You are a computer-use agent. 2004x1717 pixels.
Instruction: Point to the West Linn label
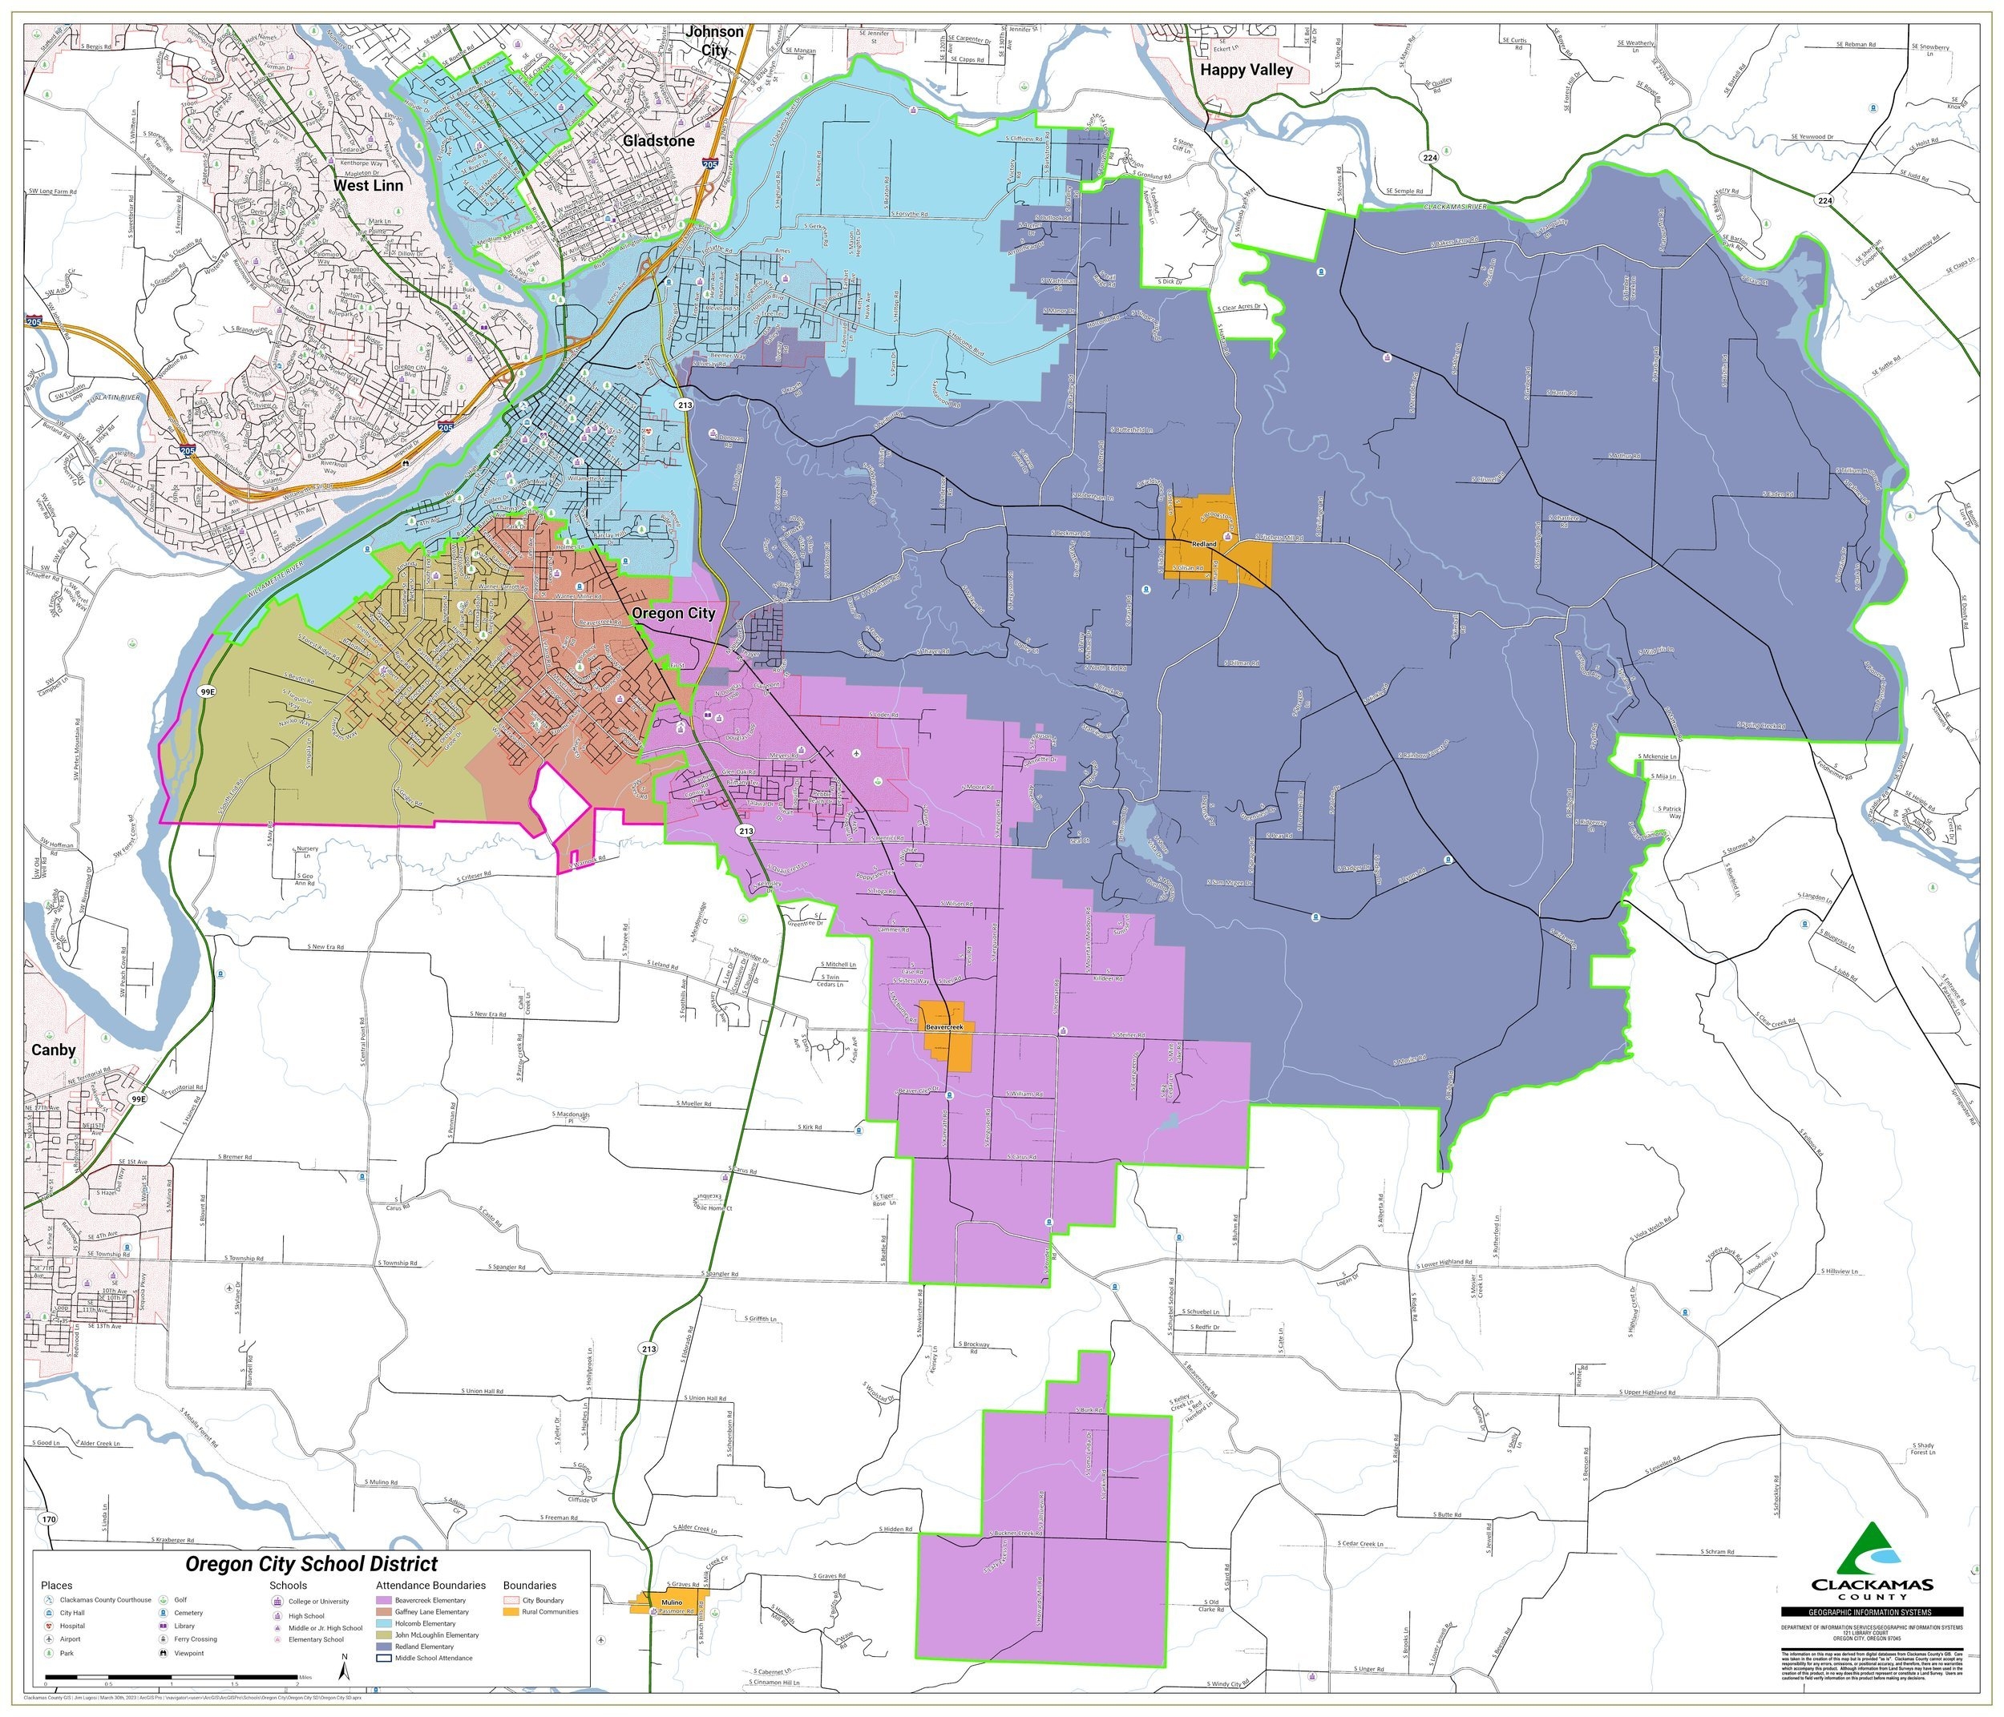pyautogui.click(x=369, y=184)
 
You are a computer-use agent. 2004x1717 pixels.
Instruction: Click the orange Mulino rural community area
pyautogui.click(x=668, y=1604)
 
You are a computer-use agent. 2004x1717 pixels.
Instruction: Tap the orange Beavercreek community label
pyautogui.click(x=945, y=1026)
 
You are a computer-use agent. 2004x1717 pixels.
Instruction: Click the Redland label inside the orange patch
pyautogui.click(x=1203, y=544)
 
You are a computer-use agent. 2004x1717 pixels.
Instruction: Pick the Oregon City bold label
pyautogui.click(x=673, y=613)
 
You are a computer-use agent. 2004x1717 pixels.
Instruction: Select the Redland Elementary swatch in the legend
pyautogui.click(x=384, y=1646)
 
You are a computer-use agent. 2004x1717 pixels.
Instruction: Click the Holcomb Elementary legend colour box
pyautogui.click(x=384, y=1624)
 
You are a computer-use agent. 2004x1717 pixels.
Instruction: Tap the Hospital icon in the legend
pyautogui.click(x=48, y=1627)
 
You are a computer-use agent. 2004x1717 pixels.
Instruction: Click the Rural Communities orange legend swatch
pyautogui.click(x=511, y=1611)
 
